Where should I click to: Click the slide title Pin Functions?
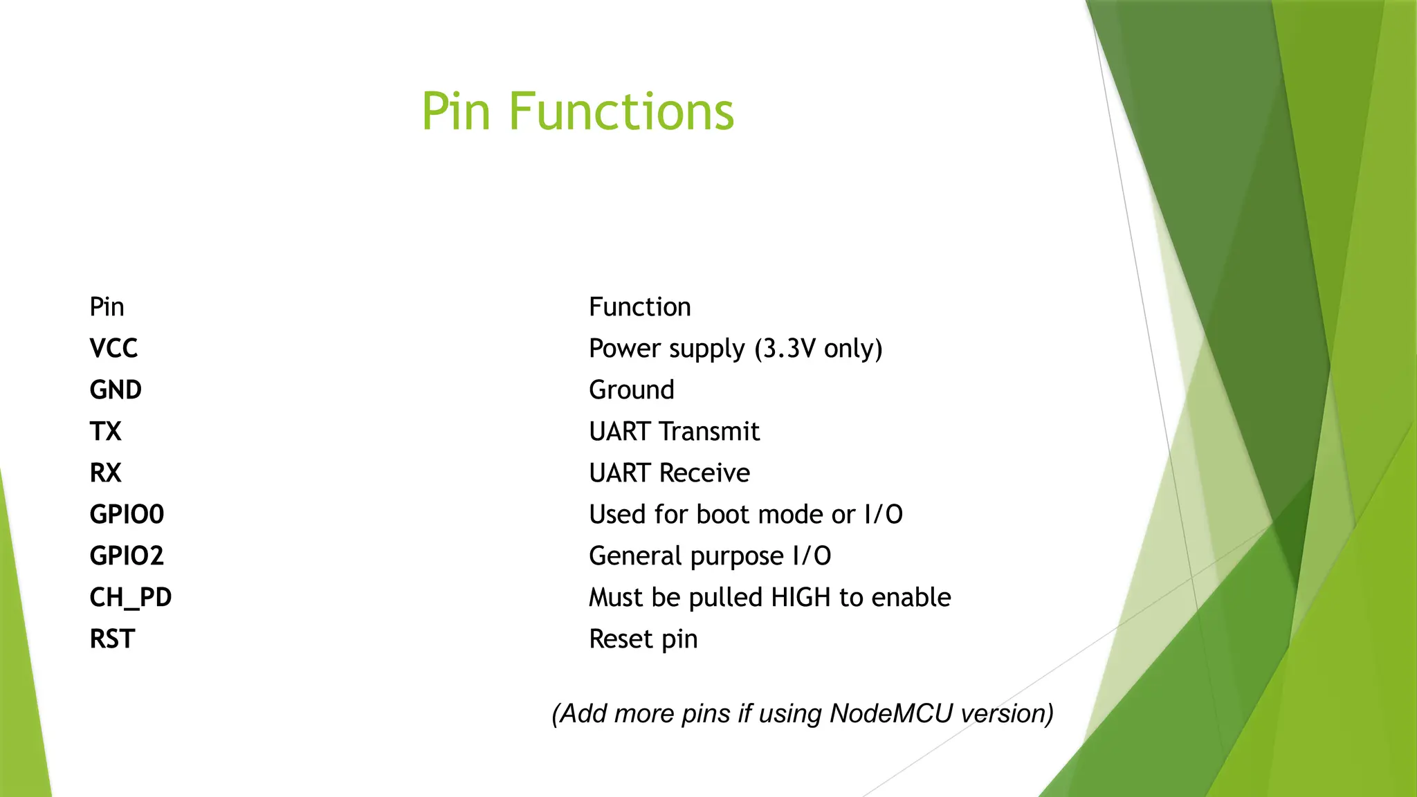point(578,111)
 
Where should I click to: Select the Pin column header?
point(107,306)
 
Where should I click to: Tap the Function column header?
point(639,306)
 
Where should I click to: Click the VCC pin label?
point(113,348)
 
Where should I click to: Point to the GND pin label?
point(116,390)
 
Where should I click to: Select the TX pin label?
point(105,431)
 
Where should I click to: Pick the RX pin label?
point(105,473)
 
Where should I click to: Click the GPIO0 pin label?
point(127,514)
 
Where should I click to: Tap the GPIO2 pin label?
point(127,556)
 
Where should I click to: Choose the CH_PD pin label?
point(131,597)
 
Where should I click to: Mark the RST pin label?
point(112,639)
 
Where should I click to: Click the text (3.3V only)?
point(819,348)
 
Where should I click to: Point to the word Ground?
point(631,390)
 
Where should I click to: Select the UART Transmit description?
point(674,431)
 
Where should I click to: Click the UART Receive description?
point(669,473)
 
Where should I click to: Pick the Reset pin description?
point(643,639)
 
